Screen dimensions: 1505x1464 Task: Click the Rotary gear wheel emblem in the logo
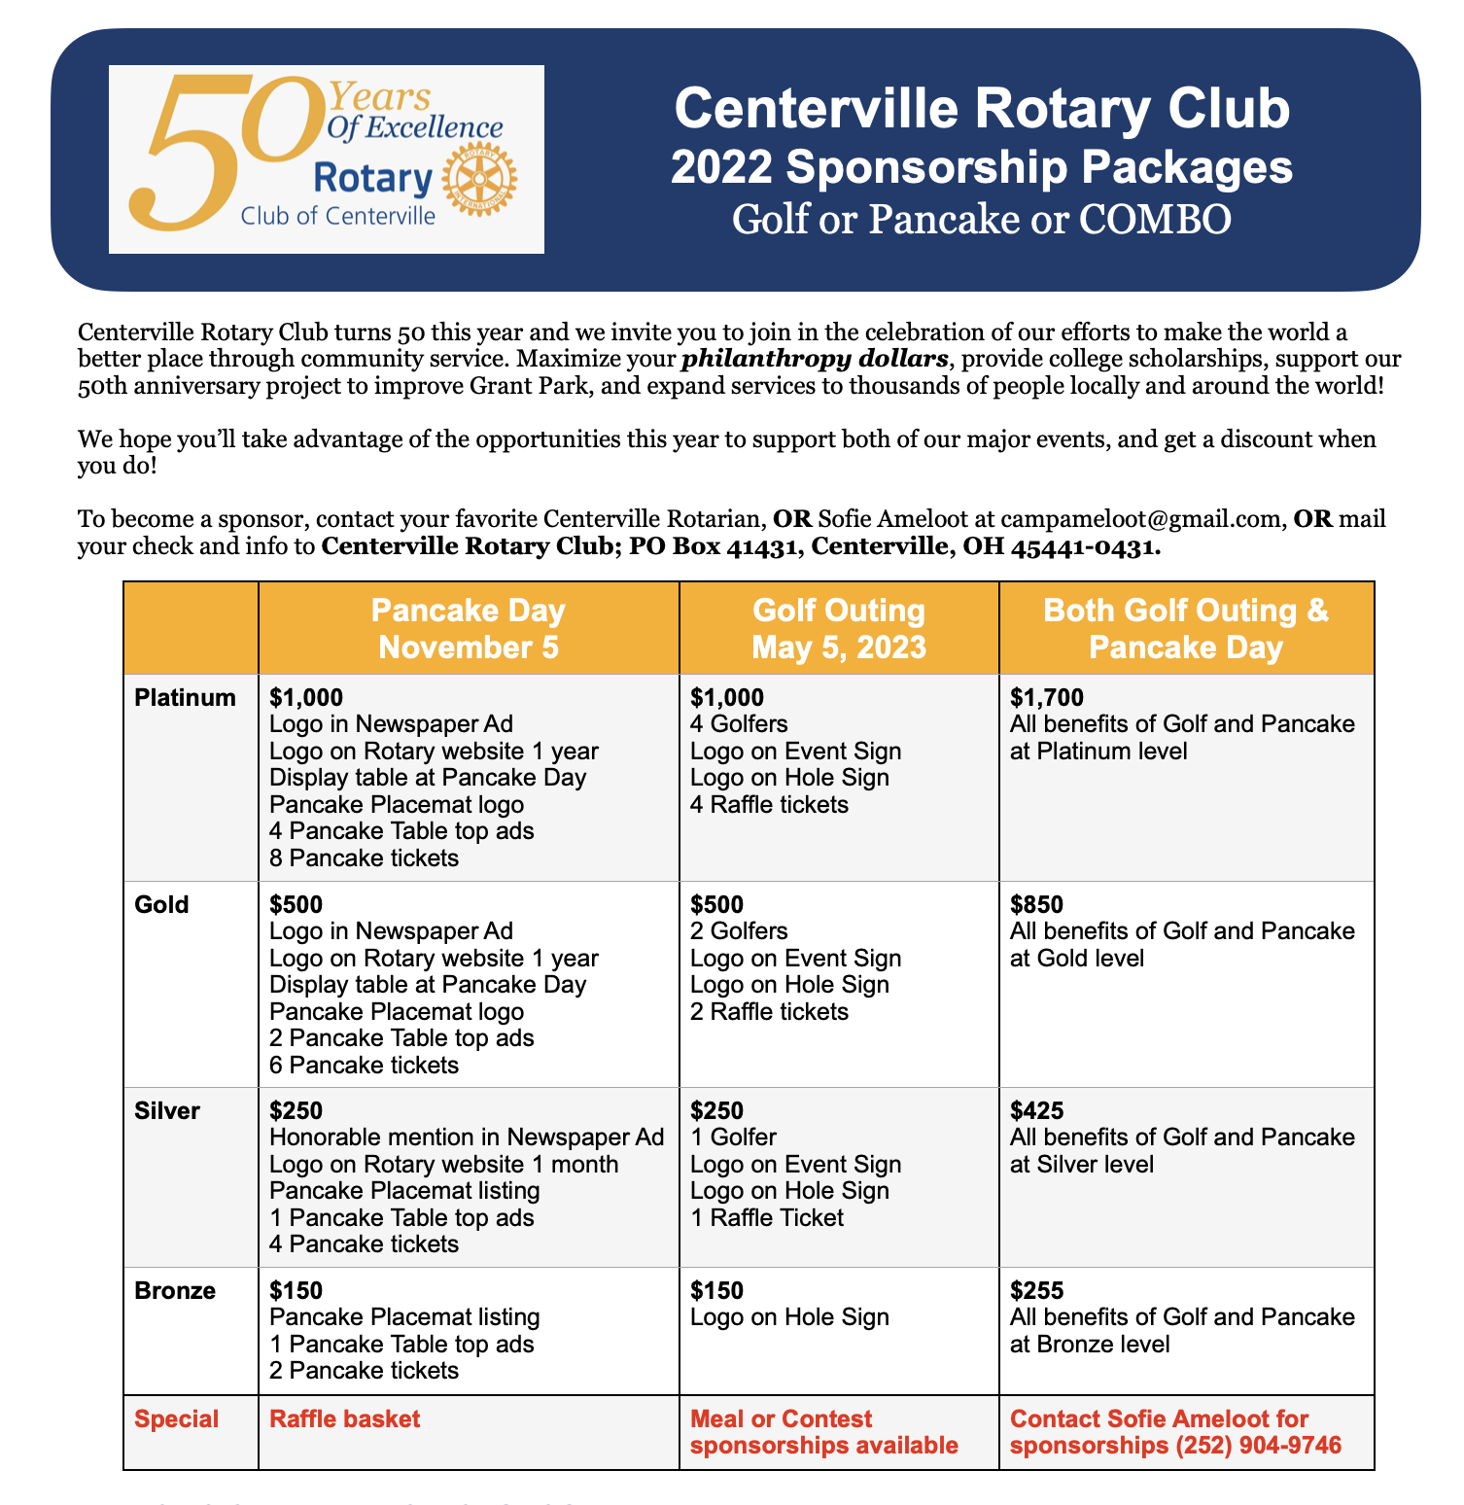[x=479, y=182]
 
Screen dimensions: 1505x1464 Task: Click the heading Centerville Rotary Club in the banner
[x=982, y=108]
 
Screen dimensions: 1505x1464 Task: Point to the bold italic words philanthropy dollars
[x=815, y=359]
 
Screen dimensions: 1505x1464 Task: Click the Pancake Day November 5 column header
[x=469, y=629]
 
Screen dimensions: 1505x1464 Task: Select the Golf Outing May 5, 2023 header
[x=839, y=629]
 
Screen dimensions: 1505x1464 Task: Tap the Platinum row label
[x=186, y=697]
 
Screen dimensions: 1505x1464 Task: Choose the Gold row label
[x=162, y=904]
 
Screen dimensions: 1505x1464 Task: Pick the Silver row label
[x=167, y=1110]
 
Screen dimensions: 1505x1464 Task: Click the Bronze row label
[x=175, y=1291]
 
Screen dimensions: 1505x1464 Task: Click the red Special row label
[x=177, y=1419]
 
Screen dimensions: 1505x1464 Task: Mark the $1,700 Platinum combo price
[x=1047, y=697]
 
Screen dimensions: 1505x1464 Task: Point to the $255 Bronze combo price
[x=1036, y=1291]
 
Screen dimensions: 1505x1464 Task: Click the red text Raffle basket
[x=345, y=1419]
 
